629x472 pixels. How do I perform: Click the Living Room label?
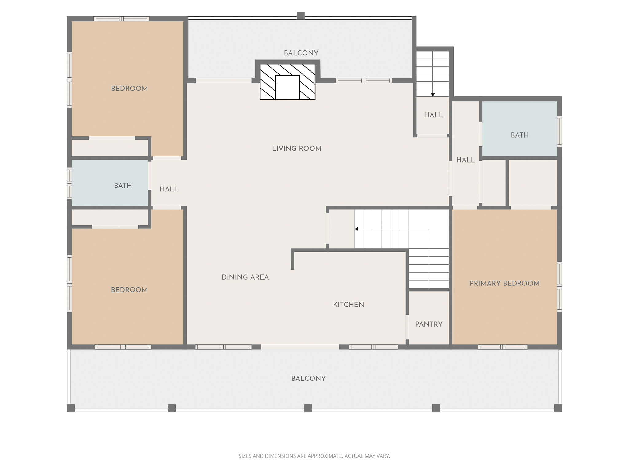click(297, 148)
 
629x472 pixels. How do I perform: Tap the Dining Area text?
click(245, 277)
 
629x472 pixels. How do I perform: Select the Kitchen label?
click(349, 305)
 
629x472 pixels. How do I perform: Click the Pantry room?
click(429, 324)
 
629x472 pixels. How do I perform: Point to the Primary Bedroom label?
click(504, 283)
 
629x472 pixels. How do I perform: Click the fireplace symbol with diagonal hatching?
click(287, 82)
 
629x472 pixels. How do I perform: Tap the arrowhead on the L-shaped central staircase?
click(357, 229)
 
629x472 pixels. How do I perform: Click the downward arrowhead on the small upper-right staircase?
click(432, 95)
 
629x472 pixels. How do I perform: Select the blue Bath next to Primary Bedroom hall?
click(520, 135)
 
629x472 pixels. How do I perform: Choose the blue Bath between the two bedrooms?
click(123, 186)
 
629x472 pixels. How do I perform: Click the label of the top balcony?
click(301, 53)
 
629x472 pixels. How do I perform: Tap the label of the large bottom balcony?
click(308, 378)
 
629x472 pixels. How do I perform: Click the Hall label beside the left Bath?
click(169, 189)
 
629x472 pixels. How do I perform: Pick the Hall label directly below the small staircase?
click(433, 115)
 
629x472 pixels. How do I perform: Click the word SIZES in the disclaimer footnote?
click(245, 456)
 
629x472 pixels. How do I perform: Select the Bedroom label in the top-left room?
click(129, 88)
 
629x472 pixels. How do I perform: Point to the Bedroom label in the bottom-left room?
click(129, 290)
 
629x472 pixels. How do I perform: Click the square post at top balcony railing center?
click(300, 15)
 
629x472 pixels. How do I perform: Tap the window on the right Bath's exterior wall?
click(560, 131)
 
